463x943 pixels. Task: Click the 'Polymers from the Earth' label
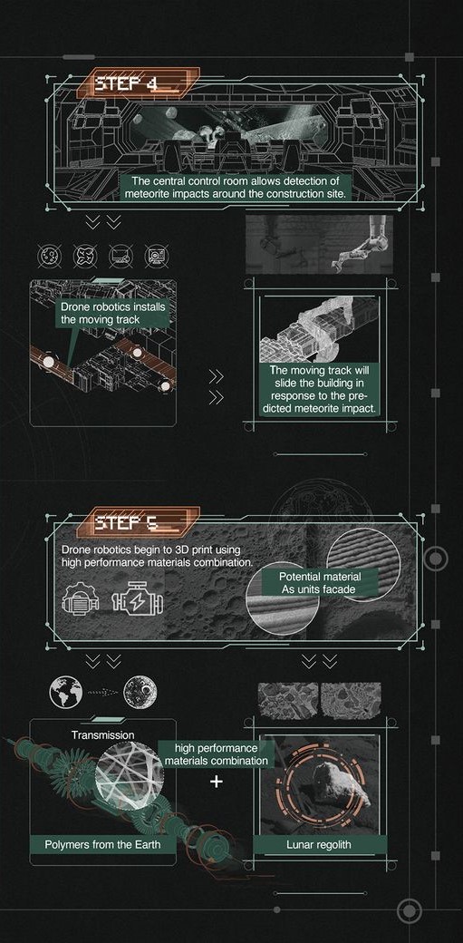(97, 845)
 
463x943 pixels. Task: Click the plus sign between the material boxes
(216, 781)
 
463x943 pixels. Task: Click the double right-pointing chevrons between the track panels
(216, 386)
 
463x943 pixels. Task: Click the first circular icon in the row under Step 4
(48, 257)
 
